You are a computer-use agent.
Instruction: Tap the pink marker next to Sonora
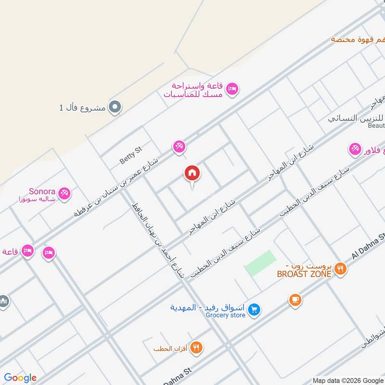tap(64, 193)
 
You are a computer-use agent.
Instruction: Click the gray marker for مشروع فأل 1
tap(115, 107)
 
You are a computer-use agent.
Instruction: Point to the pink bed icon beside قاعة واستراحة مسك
tap(233, 89)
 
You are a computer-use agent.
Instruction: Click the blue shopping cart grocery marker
tap(256, 310)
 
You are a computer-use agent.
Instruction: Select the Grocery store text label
tap(226, 316)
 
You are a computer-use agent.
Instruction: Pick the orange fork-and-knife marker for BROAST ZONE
tap(340, 269)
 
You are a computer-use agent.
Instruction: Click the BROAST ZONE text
tap(304, 274)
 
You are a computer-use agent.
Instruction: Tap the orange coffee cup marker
tap(295, 300)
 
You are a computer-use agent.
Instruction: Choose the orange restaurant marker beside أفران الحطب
tap(196, 347)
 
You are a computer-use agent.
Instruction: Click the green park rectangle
tap(260, 263)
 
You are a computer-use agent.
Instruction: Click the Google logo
tap(20, 378)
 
